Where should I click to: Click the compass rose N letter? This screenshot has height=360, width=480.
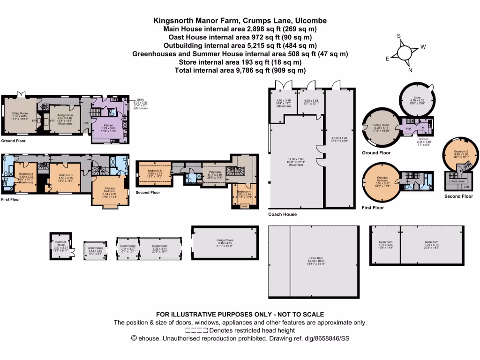coord(410,70)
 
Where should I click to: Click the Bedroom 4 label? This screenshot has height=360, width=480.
coord(243,192)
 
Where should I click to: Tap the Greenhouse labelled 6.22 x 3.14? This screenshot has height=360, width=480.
coord(160,246)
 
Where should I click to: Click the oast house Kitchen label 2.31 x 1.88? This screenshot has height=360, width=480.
coord(424,139)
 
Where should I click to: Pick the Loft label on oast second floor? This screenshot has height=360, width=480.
coord(466,187)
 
